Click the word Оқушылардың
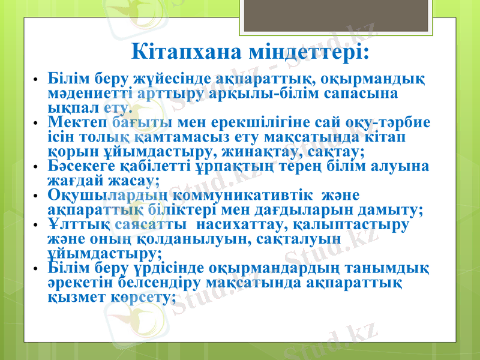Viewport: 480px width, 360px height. coord(107,196)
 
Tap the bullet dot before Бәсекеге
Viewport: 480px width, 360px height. coord(36,167)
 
